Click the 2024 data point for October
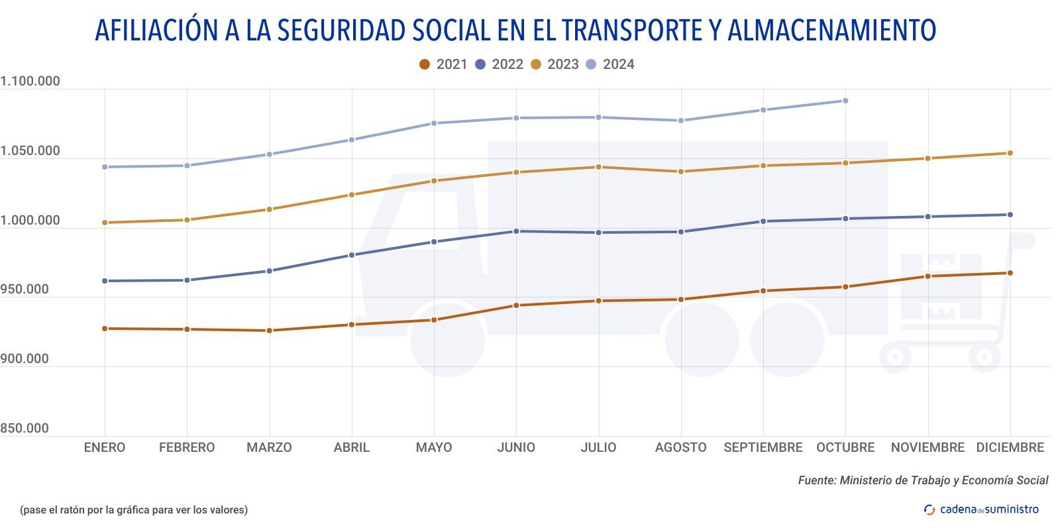[845, 101]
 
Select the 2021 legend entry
[443, 64]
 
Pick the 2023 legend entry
[555, 64]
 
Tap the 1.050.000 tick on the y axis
[30, 151]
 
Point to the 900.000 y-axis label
[25, 359]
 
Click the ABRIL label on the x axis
[351, 448]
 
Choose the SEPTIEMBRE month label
[763, 448]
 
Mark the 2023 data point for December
[1010, 153]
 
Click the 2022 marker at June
[516, 231]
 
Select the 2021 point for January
[105, 329]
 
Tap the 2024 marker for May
[434, 123]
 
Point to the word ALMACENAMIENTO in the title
[831, 30]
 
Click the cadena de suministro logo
[981, 509]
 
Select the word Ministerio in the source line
[869, 480]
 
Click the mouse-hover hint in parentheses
[134, 509]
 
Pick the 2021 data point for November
[927, 276]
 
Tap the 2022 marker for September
[763, 221]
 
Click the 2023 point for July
[598, 167]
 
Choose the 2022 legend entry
[499, 64]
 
